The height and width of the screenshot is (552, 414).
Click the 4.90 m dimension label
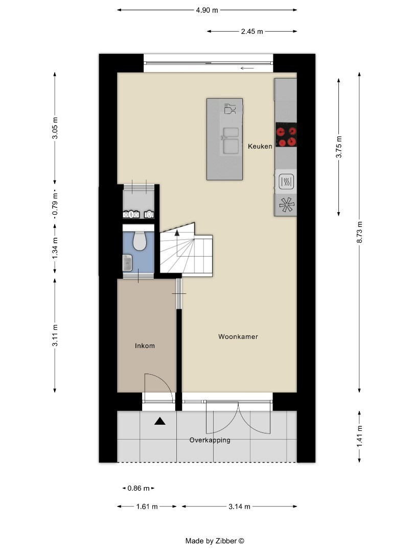click(x=207, y=10)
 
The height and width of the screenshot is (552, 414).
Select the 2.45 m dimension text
click(x=252, y=32)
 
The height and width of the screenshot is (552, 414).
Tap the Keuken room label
click(x=260, y=147)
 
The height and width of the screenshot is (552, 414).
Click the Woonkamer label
click(x=238, y=337)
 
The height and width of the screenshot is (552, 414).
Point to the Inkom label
click(x=145, y=346)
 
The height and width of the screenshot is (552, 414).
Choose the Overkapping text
click(x=210, y=440)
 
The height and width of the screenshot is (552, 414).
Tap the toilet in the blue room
click(x=139, y=241)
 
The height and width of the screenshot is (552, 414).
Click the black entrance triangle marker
click(x=160, y=421)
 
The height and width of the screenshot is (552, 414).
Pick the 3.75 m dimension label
click(x=338, y=147)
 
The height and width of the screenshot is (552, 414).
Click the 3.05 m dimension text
click(x=55, y=128)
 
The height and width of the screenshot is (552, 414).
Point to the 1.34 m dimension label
click(x=55, y=248)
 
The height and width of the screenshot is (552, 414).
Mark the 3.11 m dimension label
click(x=55, y=335)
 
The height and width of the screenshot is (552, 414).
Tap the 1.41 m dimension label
click(x=360, y=436)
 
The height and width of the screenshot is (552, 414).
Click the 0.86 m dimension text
click(x=139, y=489)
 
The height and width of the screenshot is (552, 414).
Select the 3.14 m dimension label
click(x=239, y=507)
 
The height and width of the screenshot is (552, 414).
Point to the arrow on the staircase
click(x=177, y=233)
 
